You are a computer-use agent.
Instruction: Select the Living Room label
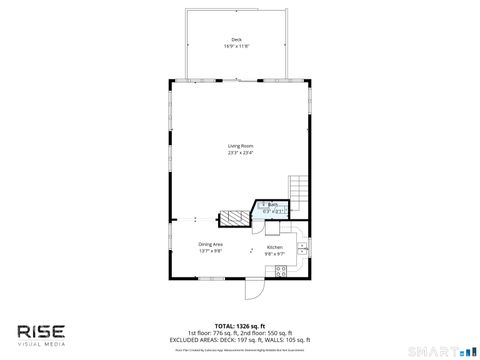click(239, 147)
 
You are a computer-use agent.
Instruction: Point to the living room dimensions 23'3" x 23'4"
click(239, 153)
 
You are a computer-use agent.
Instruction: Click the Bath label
click(272, 204)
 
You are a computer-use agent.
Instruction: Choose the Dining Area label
click(210, 244)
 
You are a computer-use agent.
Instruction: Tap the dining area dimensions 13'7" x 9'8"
click(210, 250)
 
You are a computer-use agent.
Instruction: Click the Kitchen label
click(274, 247)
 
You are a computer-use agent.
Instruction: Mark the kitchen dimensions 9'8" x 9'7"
click(274, 253)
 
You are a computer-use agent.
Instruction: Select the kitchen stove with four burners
click(282, 270)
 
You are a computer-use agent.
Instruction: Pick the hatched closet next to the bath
click(233, 216)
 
